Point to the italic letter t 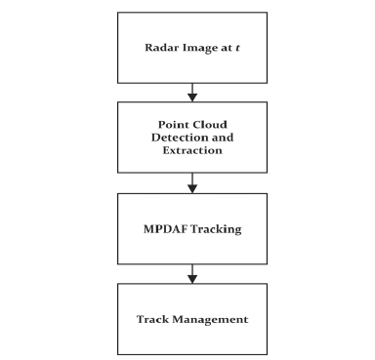pos(237,48)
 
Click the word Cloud pos(209,125)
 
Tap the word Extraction pos(192,150)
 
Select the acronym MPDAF pos(165,229)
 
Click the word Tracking pos(216,229)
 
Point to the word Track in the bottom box pos(152,319)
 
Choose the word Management pos(210,320)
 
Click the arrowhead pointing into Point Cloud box pos(192,98)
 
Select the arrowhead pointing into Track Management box pos(192,279)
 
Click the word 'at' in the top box pos(227,48)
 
